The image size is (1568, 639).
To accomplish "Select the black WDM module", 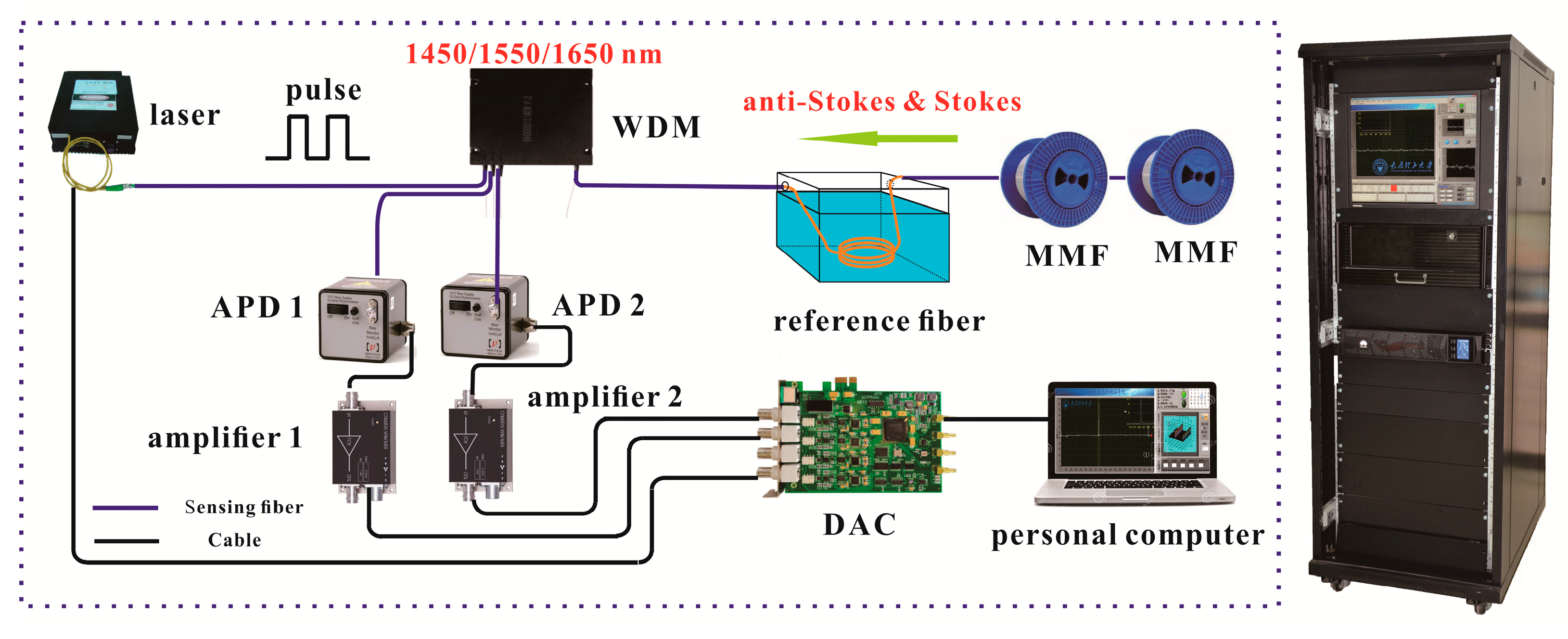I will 531,115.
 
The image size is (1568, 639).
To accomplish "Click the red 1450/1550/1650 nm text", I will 533,54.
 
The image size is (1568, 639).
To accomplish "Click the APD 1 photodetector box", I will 363,319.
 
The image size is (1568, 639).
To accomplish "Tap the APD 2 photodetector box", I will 484,317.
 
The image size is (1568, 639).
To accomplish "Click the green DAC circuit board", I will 864,438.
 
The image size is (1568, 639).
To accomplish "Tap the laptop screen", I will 1132,429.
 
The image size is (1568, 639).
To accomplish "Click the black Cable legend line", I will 127,540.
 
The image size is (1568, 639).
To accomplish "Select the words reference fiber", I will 879,322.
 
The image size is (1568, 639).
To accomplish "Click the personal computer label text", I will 1127,536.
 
